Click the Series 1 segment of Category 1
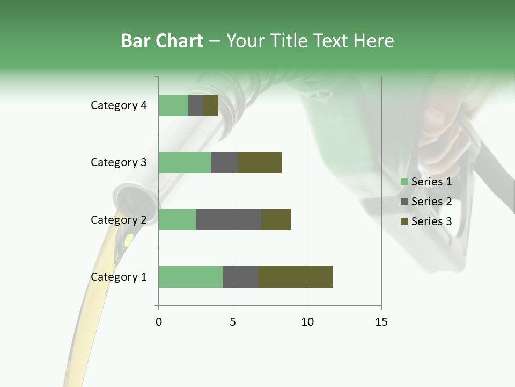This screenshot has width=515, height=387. (x=190, y=277)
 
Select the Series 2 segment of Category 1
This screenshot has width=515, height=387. (x=240, y=277)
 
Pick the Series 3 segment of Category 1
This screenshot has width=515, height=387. (x=295, y=277)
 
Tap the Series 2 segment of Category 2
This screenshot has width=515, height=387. (x=229, y=219)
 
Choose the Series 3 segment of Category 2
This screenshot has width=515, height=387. (x=276, y=219)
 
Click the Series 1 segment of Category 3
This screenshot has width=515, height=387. (x=185, y=162)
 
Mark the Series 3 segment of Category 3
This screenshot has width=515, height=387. (x=260, y=162)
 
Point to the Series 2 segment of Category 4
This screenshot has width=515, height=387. (x=196, y=105)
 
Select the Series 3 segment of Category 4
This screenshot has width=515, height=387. (x=211, y=105)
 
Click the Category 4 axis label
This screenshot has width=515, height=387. (x=119, y=105)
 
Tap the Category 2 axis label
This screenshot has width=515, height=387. (x=119, y=219)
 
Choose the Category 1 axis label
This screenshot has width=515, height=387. (x=119, y=277)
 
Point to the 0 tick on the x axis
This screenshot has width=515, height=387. (x=159, y=322)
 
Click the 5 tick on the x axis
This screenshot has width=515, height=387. (x=233, y=322)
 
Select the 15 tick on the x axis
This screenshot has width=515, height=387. (x=381, y=322)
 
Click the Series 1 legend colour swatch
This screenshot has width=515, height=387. (x=404, y=182)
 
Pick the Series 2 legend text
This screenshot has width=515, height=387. (x=431, y=202)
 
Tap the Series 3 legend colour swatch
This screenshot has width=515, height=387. (x=404, y=221)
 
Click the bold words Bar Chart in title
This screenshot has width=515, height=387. (x=162, y=41)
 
